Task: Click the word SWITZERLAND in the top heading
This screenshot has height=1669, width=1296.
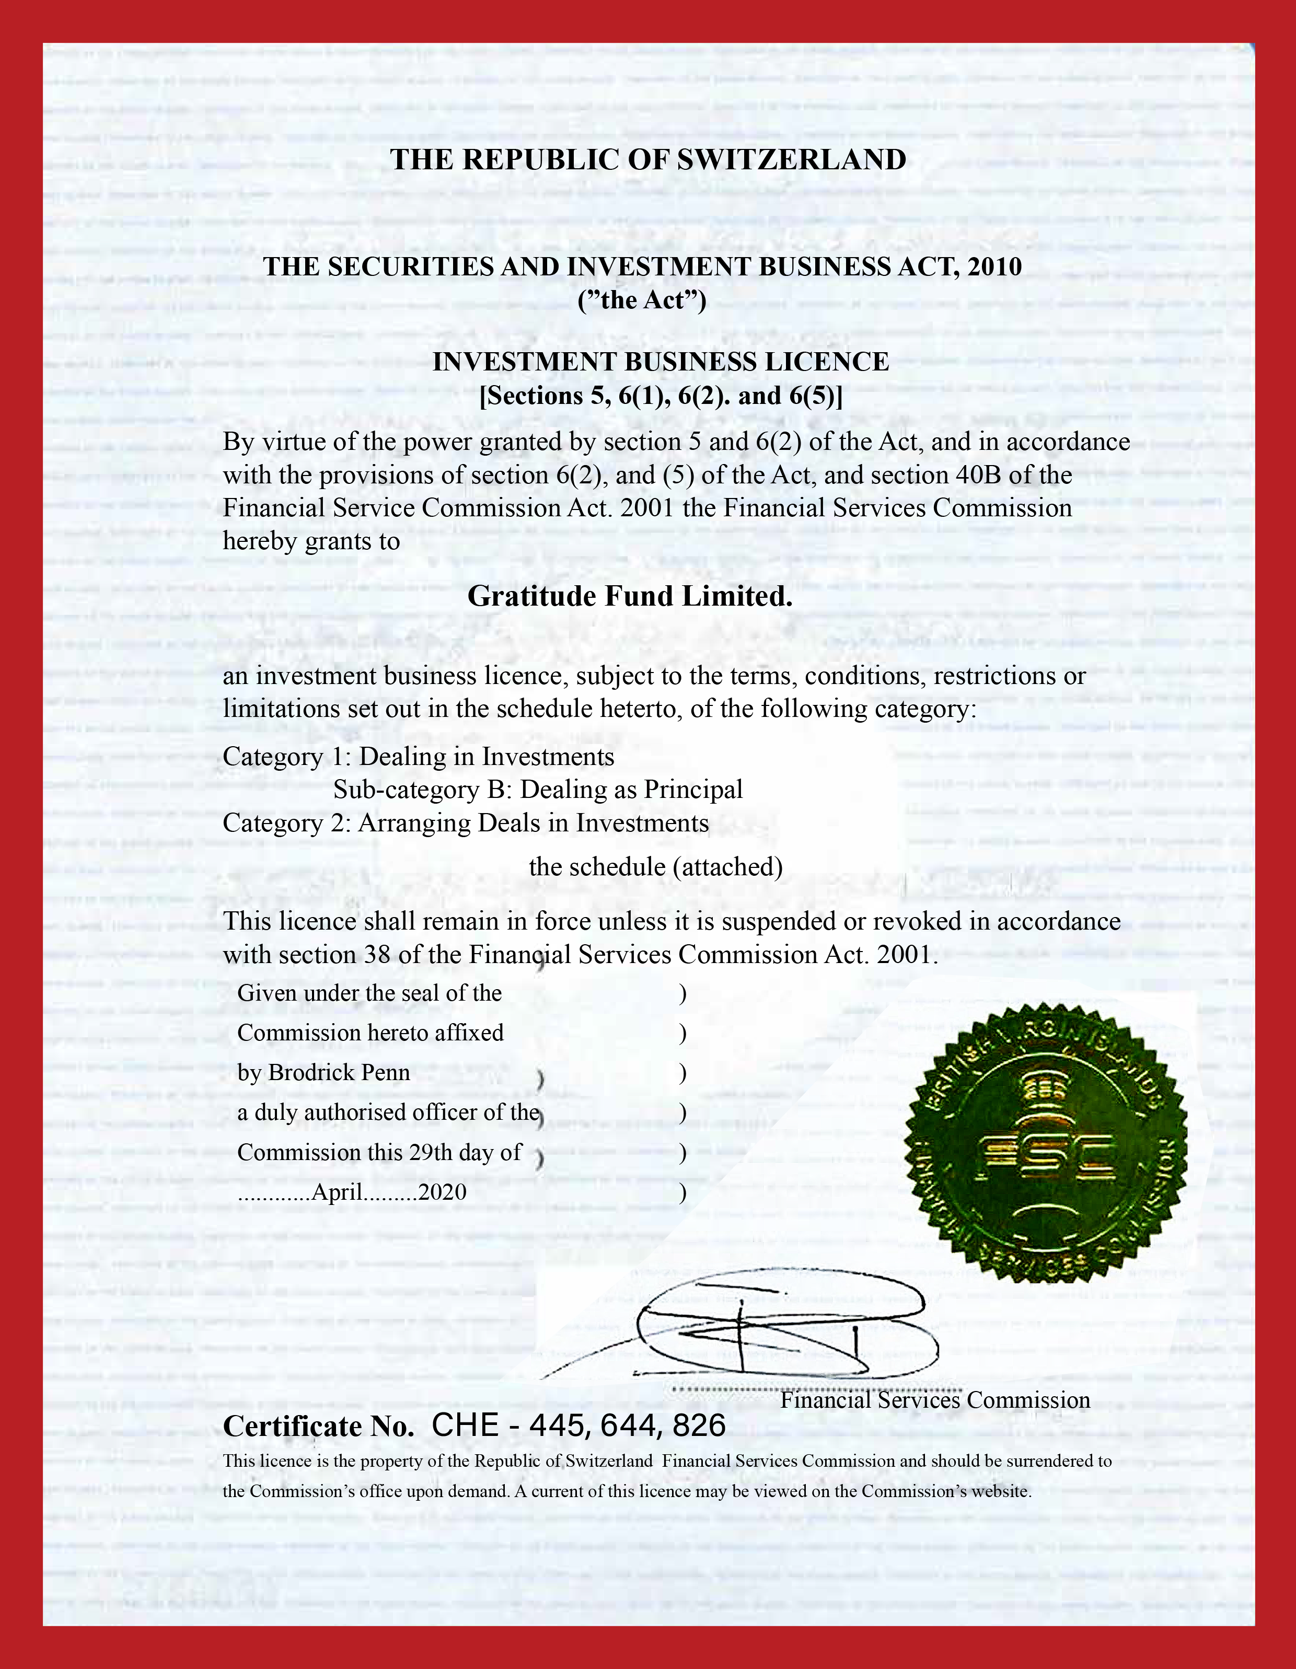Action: (791, 160)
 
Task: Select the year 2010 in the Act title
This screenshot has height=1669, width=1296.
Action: (993, 266)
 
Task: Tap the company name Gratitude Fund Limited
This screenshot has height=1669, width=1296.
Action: (630, 596)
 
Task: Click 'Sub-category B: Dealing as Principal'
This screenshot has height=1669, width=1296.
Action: (538, 790)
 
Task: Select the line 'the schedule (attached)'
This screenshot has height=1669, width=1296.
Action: (656, 866)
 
